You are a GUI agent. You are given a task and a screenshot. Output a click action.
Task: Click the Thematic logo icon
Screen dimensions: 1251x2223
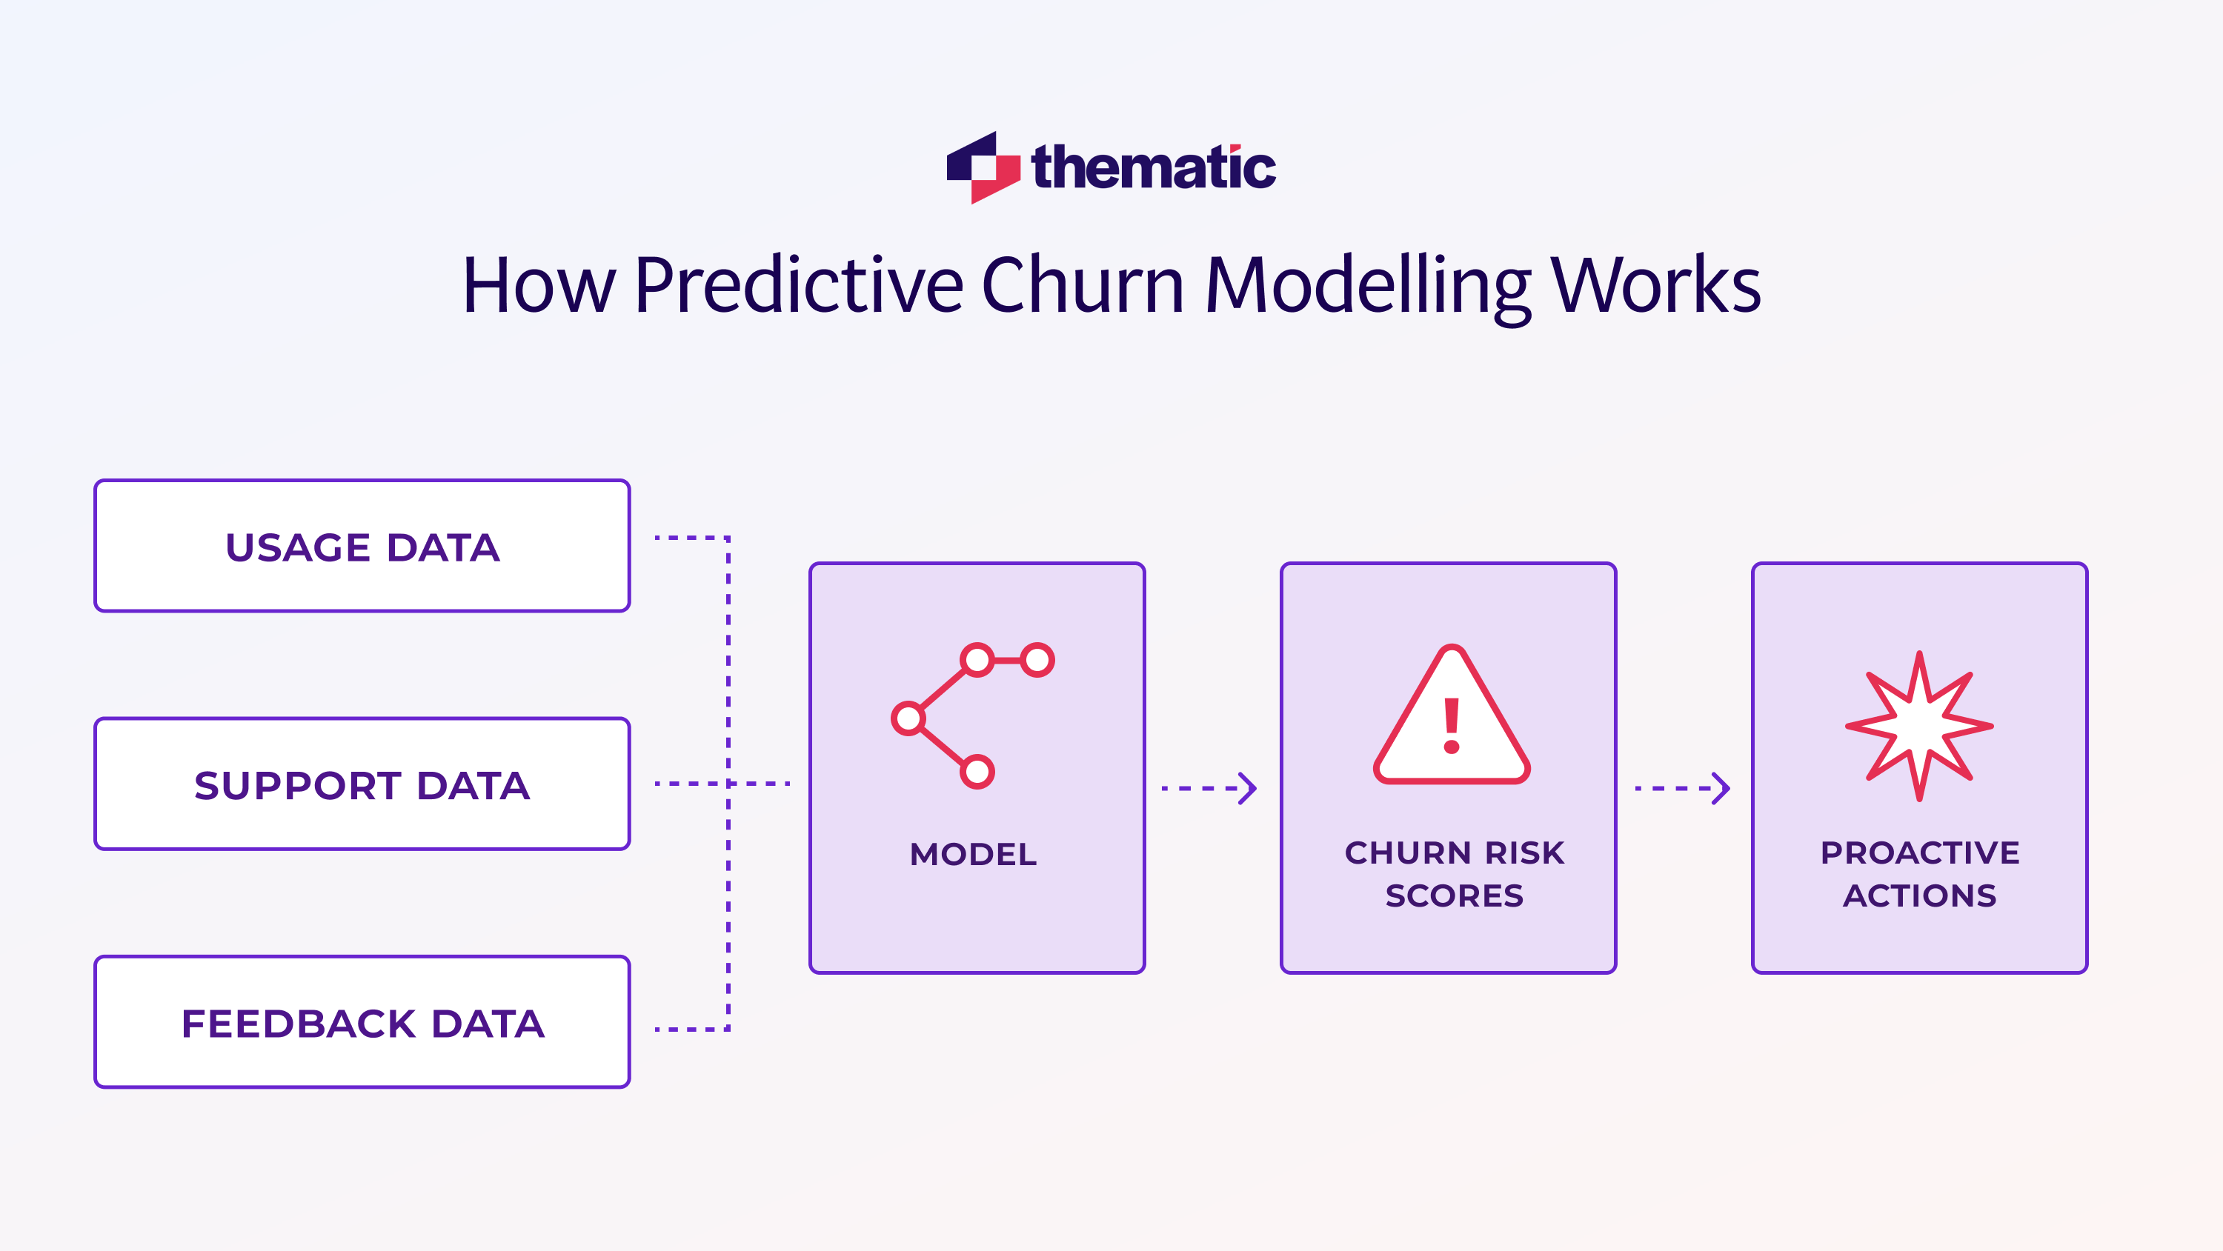point(983,167)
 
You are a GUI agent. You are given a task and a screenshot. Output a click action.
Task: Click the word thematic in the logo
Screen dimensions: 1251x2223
point(1153,167)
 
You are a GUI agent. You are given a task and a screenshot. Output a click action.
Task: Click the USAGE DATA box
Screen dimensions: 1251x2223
point(362,546)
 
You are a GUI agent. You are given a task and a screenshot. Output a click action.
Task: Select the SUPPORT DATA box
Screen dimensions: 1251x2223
point(362,784)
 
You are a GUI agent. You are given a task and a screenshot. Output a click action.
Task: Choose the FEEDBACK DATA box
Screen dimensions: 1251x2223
point(362,1022)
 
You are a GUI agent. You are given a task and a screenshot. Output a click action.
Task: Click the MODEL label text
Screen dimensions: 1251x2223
point(974,854)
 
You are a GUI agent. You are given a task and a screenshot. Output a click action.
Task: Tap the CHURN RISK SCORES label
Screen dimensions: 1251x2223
point(1454,874)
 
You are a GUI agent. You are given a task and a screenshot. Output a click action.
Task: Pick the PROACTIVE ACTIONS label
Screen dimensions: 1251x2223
point(1919,874)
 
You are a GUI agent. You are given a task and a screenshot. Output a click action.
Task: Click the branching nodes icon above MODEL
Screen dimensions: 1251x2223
point(972,714)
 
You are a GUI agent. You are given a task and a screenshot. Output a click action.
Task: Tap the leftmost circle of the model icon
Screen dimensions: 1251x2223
point(908,718)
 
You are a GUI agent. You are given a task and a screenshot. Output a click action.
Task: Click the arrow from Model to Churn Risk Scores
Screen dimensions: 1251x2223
point(1208,787)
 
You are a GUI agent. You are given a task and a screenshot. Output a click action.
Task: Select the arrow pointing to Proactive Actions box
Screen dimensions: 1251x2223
point(1682,787)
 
